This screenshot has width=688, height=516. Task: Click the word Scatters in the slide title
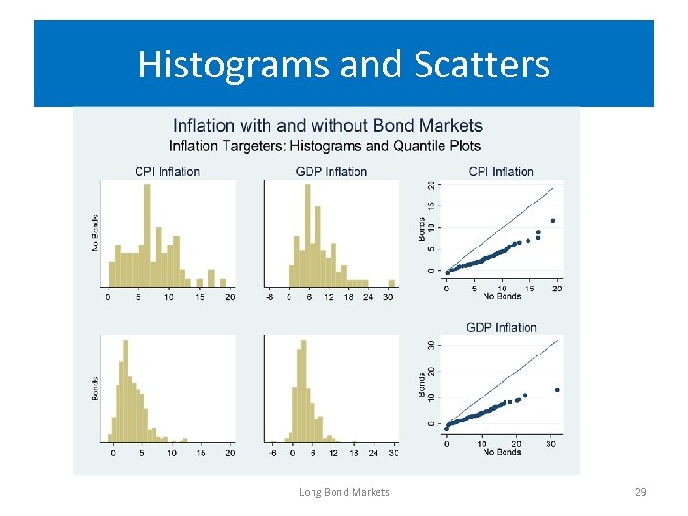coord(483,65)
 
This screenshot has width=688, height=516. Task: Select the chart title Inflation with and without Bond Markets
coord(327,126)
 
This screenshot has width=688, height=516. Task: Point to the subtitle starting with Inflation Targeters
coord(325,146)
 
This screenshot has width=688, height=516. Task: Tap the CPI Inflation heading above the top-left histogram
coord(167,172)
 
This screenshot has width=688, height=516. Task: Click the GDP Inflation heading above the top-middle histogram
coord(332,172)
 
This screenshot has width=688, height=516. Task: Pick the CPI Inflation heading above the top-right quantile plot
coord(501,172)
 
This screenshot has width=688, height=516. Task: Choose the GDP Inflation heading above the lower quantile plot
coord(501,327)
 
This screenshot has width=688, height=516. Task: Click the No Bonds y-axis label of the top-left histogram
coord(96,233)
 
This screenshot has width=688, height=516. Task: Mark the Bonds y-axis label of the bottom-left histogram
coord(96,388)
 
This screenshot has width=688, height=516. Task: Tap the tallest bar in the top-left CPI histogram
coord(147,235)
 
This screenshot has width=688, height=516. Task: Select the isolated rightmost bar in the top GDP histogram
coord(391,283)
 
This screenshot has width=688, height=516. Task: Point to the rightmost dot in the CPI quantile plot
coord(552,221)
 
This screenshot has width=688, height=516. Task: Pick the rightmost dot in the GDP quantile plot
coord(557,390)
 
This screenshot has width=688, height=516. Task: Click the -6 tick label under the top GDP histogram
coord(271,297)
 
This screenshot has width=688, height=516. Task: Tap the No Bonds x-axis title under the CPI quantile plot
coord(501,296)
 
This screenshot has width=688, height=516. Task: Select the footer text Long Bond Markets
coord(344,492)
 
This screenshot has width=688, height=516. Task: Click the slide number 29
coord(641,492)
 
